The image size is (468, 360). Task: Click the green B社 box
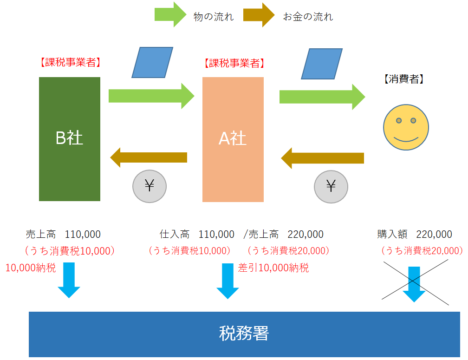pos(70,139)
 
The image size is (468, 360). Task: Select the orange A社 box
pos(233,139)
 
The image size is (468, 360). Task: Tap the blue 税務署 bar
pos(244,334)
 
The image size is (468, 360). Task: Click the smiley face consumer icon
pos(406,127)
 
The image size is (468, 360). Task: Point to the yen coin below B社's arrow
pos(149,186)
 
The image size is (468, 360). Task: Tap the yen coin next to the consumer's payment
pos(331,186)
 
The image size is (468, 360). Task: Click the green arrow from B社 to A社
pos(151,96)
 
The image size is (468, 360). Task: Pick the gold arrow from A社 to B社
pos(149,157)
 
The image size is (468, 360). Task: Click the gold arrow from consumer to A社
pos(323,158)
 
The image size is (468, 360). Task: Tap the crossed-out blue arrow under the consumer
pos(414,283)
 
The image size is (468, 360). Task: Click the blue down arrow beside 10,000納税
pos(69,280)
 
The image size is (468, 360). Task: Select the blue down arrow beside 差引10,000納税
pos(227,281)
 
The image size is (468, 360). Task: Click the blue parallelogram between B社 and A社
pos(152,62)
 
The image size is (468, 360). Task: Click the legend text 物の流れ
pos(213,17)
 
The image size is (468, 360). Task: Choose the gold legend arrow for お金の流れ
pos(259,15)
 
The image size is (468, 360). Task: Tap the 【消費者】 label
pos(403,79)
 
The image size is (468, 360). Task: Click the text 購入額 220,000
pos(415,234)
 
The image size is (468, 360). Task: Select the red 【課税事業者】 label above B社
pos(70,62)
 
